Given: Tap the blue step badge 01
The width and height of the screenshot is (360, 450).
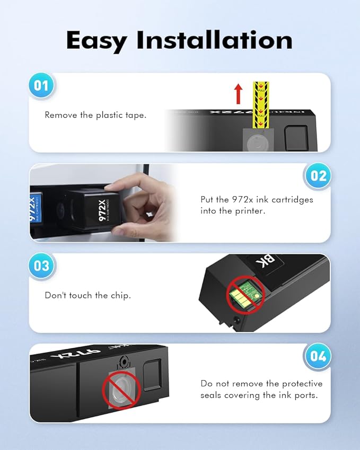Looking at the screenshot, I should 41,85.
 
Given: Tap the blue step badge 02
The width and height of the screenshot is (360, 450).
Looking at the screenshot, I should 318,175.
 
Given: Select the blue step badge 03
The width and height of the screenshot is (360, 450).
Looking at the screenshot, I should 41,266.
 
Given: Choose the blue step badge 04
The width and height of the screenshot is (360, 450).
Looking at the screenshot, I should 318,356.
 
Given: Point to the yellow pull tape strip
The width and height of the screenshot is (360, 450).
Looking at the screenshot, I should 260,104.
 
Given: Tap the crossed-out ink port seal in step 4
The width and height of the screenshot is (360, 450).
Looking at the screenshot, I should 121,390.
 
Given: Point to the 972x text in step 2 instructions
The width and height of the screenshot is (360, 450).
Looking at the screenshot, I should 240,199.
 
